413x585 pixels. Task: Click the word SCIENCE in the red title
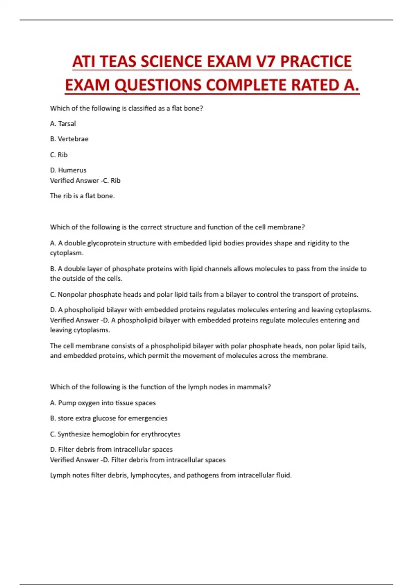[171, 62]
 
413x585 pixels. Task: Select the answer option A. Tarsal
[63, 124]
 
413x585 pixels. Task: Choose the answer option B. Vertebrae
[69, 139]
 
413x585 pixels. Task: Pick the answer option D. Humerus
[68, 170]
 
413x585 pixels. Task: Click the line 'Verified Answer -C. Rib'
[85, 180]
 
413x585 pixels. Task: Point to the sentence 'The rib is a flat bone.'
[82, 196]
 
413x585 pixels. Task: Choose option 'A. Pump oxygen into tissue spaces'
[103, 403]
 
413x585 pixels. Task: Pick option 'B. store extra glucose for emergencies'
[109, 418]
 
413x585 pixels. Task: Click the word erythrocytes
[161, 434]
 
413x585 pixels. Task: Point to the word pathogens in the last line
[203, 475]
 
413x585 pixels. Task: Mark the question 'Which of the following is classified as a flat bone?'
[126, 108]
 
